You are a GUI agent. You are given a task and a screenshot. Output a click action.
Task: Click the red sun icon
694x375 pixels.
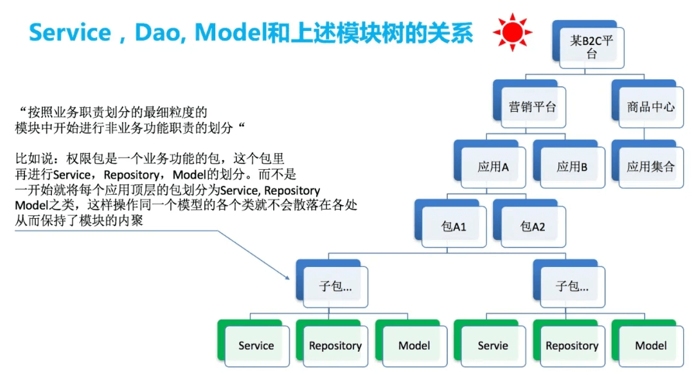(x=513, y=32)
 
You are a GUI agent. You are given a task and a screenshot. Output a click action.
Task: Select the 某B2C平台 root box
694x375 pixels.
(x=588, y=44)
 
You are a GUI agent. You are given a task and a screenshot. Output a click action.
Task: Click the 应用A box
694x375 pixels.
(x=490, y=164)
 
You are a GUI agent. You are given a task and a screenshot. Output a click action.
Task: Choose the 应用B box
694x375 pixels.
(x=569, y=164)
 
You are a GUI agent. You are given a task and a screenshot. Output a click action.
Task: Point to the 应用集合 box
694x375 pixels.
(x=648, y=164)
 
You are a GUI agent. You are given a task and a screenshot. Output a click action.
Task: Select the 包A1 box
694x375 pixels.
(x=450, y=223)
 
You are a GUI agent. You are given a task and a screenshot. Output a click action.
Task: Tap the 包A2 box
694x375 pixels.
(x=529, y=223)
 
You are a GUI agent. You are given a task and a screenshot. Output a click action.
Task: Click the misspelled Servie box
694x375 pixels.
(x=490, y=343)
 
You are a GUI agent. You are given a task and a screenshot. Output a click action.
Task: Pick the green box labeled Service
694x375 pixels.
(x=254, y=343)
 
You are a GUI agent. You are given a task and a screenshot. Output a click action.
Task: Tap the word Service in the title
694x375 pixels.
(x=70, y=33)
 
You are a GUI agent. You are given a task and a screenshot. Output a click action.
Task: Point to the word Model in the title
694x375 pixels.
(x=231, y=33)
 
